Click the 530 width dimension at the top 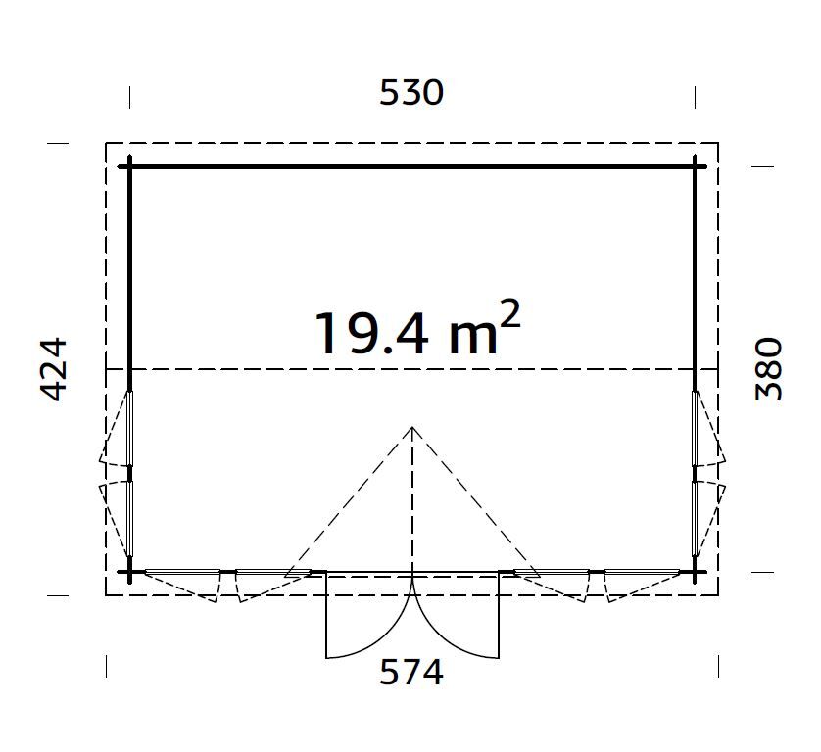411,93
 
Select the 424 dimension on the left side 54,369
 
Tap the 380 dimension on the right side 769,368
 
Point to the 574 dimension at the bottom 411,672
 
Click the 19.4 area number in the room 370,333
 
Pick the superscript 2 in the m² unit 510,314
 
